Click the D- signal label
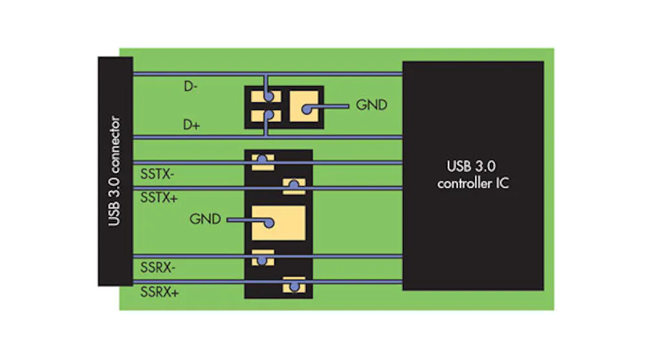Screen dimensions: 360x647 tap(190, 86)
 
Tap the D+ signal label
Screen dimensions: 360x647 tap(190, 124)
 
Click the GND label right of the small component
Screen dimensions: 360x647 tap(371, 105)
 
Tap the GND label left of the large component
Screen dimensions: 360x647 tap(205, 219)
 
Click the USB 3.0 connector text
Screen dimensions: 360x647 tap(115, 171)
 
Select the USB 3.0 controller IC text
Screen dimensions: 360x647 tap(473, 174)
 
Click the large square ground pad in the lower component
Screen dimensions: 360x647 tap(278, 223)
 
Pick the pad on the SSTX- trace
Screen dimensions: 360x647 tap(263, 161)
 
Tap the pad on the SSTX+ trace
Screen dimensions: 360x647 tap(294, 187)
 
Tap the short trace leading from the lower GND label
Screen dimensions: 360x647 tap(243, 220)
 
